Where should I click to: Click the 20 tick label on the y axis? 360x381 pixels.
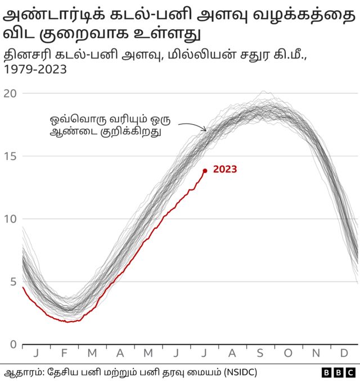tap(10, 93)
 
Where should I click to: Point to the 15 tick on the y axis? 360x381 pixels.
tap(10, 156)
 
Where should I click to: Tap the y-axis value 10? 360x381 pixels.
tap(10, 219)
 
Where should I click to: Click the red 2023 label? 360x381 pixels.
tap(225, 169)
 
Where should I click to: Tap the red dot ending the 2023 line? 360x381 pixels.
tap(205, 171)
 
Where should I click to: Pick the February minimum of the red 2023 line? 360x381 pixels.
tap(67, 321)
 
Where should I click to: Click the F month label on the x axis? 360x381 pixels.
tap(64, 353)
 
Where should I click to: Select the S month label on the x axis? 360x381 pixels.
tap(260, 353)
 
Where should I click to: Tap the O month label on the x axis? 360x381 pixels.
tap(289, 353)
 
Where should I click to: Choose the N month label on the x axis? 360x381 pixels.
tap(317, 353)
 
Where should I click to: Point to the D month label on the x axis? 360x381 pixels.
tap(344, 353)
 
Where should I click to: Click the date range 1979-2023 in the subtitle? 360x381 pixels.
tap(35, 70)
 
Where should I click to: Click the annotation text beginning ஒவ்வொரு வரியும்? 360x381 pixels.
tap(110, 126)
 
